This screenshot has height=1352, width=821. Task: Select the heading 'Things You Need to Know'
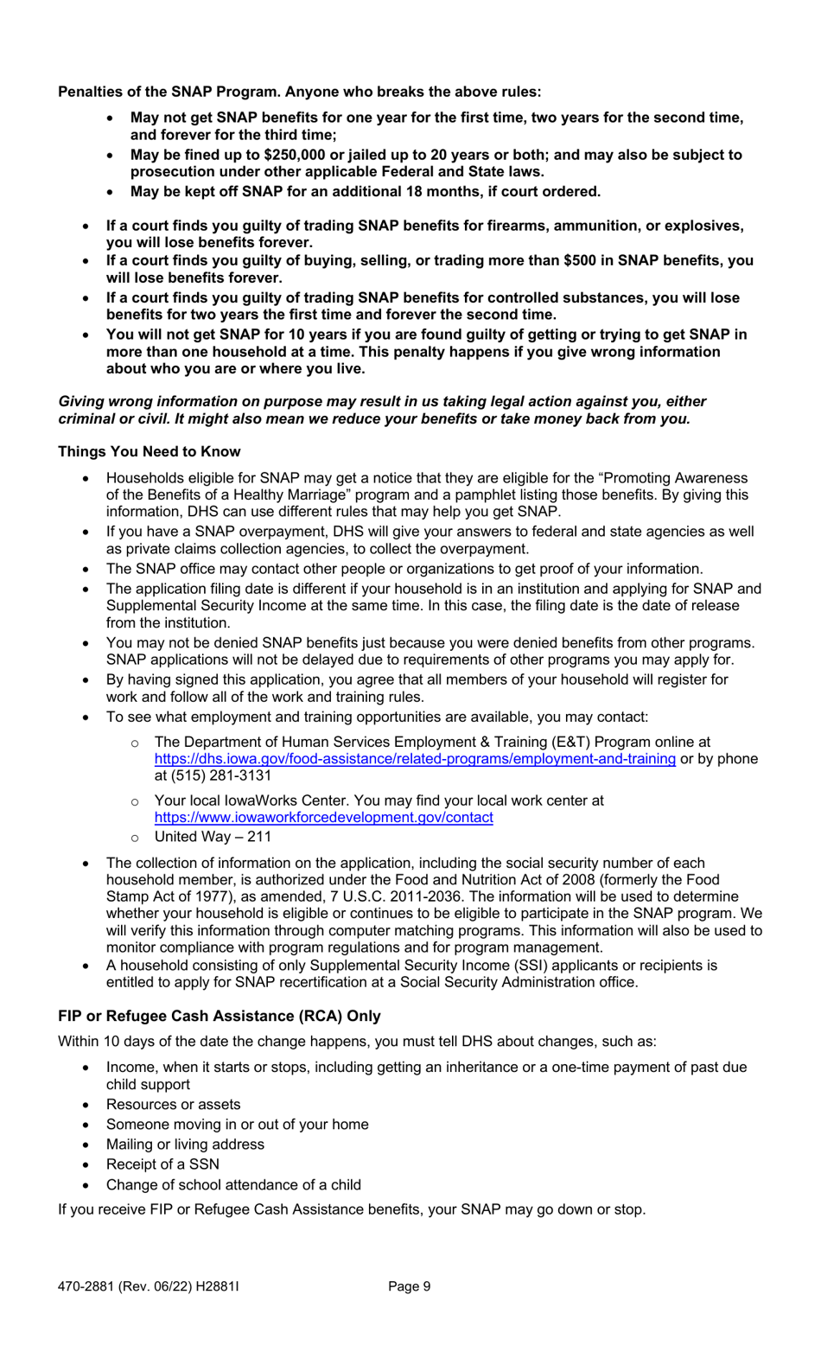(150, 451)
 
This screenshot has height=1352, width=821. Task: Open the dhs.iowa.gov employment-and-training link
(415, 758)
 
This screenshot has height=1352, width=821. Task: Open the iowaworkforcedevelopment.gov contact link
(324, 817)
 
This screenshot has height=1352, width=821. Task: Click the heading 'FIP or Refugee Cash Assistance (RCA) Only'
(220, 1015)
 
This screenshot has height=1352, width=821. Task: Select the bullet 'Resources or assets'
(173, 1104)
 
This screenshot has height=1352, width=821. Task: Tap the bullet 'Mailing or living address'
(185, 1144)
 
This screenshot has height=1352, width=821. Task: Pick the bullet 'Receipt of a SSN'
(162, 1164)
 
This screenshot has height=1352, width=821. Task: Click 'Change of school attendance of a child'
(233, 1184)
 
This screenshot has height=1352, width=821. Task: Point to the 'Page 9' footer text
(409, 1285)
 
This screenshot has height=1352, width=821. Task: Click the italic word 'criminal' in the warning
(86, 419)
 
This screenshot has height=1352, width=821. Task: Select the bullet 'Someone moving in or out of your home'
(237, 1124)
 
